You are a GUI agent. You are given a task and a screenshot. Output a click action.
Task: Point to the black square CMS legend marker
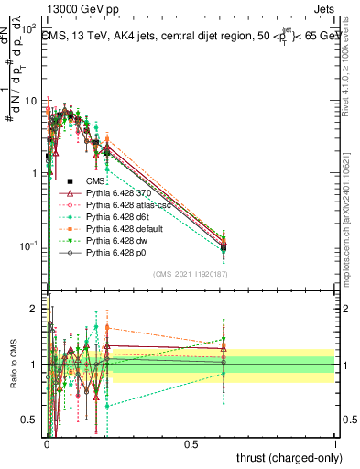click(70, 181)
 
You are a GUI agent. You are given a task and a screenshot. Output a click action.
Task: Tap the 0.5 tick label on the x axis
click(191, 443)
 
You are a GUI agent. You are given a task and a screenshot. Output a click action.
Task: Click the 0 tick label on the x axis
click(46, 443)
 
